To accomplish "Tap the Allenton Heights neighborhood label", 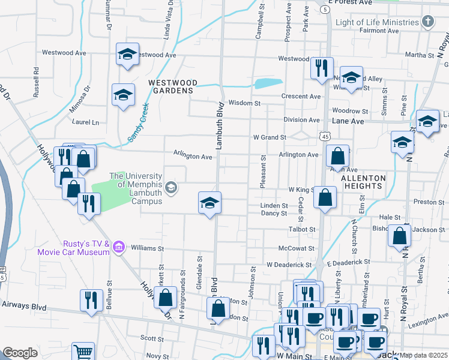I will (x=361, y=182).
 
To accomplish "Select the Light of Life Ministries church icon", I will (x=427, y=22).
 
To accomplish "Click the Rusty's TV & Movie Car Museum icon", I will (x=118, y=247).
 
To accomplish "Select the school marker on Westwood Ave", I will (x=127, y=54).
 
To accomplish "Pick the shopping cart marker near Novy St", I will (x=83, y=352).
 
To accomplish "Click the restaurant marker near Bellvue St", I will (x=91, y=299).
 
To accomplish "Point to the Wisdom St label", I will (x=244, y=103).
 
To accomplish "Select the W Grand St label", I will (x=269, y=137).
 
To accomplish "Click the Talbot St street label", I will (x=303, y=229).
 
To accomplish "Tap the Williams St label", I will (x=148, y=248).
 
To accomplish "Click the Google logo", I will (x=20, y=353).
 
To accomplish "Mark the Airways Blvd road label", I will (x=23, y=307).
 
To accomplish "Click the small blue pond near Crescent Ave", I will (x=268, y=83).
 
